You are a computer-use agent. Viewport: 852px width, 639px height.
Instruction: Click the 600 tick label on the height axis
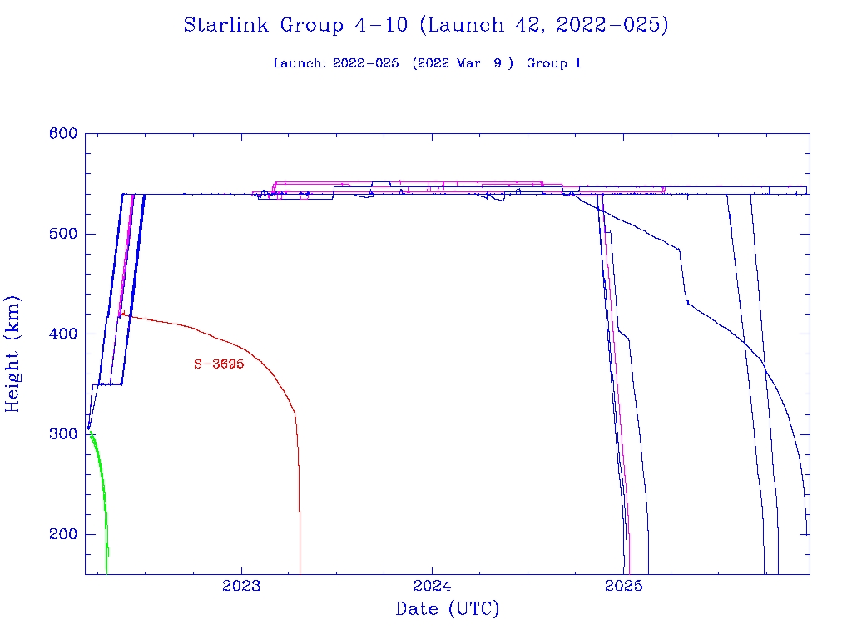click(62, 134)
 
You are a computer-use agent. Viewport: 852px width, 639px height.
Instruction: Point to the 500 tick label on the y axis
click(62, 234)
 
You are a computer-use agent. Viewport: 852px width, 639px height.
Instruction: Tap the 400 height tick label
click(62, 334)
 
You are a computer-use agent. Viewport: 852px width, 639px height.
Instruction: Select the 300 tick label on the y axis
click(62, 434)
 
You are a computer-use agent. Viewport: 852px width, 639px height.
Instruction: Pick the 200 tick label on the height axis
click(62, 535)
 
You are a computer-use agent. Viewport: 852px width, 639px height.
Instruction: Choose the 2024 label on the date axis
click(432, 587)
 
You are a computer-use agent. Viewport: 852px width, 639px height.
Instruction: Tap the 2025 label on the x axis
click(623, 587)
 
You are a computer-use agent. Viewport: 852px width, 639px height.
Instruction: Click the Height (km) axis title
click(13, 354)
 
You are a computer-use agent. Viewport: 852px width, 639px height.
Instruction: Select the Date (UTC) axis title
click(448, 610)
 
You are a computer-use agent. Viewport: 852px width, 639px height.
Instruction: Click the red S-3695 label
click(219, 364)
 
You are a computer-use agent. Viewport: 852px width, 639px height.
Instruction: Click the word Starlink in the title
click(226, 26)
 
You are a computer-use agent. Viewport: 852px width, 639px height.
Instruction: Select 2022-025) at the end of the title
click(615, 26)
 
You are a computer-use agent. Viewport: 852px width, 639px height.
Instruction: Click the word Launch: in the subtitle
click(300, 64)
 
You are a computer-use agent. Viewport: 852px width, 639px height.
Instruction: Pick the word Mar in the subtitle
click(468, 64)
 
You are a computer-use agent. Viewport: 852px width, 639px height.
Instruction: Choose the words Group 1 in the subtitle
click(553, 64)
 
